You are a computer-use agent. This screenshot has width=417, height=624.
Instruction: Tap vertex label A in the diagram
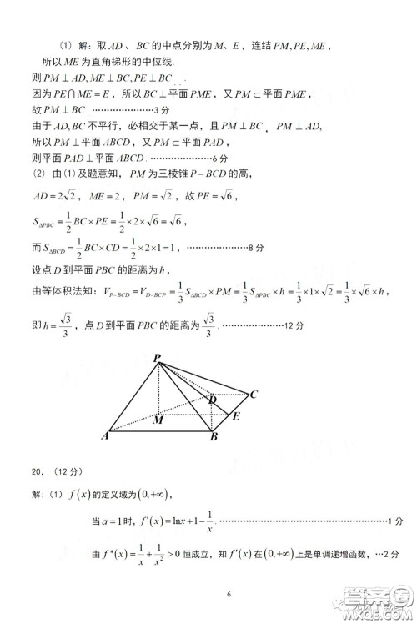point(106,435)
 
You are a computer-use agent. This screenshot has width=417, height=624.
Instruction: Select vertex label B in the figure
point(214,436)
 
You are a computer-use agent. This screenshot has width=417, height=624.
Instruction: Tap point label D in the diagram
point(213,400)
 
